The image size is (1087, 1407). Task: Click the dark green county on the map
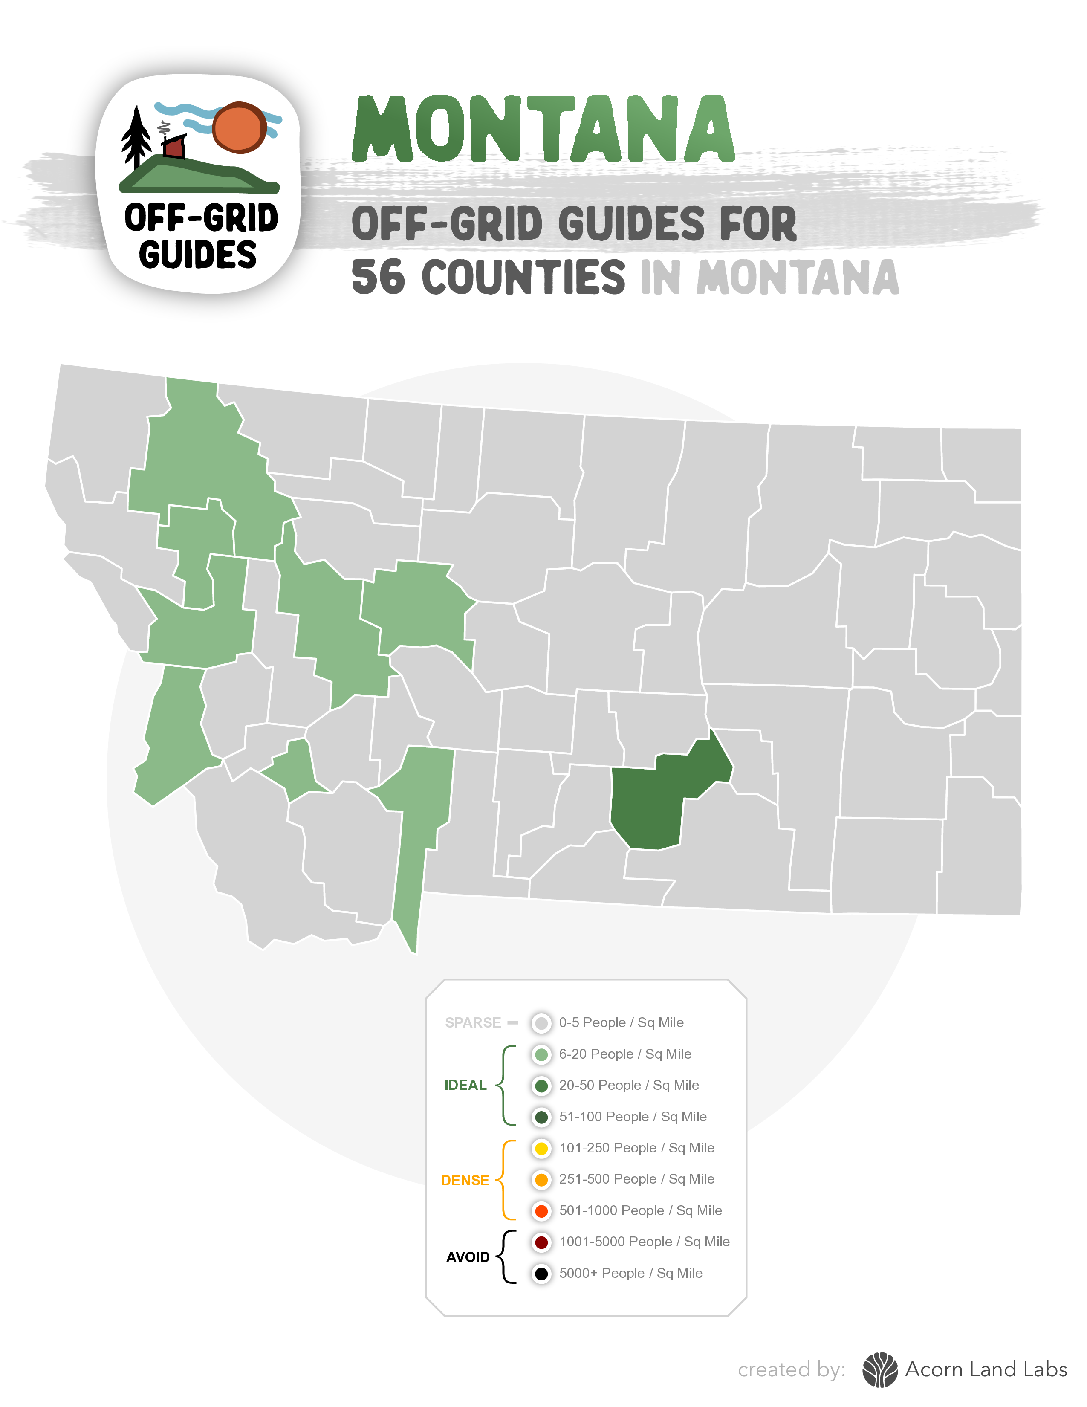pyautogui.click(x=650, y=805)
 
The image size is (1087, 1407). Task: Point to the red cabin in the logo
pyautogui.click(x=174, y=147)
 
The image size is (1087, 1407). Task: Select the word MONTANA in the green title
pyautogui.click(x=543, y=129)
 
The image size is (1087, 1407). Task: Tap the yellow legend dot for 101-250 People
pyautogui.click(x=541, y=1148)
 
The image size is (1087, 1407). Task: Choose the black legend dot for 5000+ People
pyautogui.click(x=541, y=1274)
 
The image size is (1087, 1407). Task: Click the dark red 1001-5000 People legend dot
pyautogui.click(x=541, y=1242)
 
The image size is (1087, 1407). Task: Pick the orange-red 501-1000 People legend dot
pyautogui.click(x=541, y=1211)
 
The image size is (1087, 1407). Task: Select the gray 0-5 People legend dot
pyautogui.click(x=541, y=1023)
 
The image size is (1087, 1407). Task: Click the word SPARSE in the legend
pyautogui.click(x=473, y=1023)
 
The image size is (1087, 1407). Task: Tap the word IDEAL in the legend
pyautogui.click(x=465, y=1086)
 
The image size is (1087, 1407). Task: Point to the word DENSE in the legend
pyautogui.click(x=465, y=1180)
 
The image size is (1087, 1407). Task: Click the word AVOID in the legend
pyautogui.click(x=468, y=1257)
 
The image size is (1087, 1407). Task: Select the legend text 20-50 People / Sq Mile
pyautogui.click(x=628, y=1086)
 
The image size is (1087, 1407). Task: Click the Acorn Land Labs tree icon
pyautogui.click(x=880, y=1369)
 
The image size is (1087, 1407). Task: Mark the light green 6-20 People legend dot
pyautogui.click(x=541, y=1054)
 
